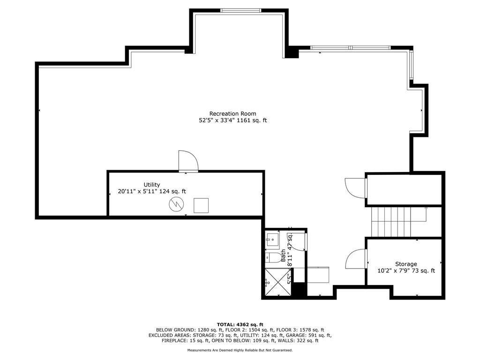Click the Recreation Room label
(x=232, y=113)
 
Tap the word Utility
(x=152, y=185)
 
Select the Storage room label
(x=406, y=264)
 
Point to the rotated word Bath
(x=283, y=255)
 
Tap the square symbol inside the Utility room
(x=201, y=205)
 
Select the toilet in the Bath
(x=273, y=258)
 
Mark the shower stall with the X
(x=278, y=282)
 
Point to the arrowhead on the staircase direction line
(x=426, y=208)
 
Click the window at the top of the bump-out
(x=241, y=10)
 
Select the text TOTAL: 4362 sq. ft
(x=240, y=324)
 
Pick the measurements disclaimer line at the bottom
(x=240, y=350)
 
